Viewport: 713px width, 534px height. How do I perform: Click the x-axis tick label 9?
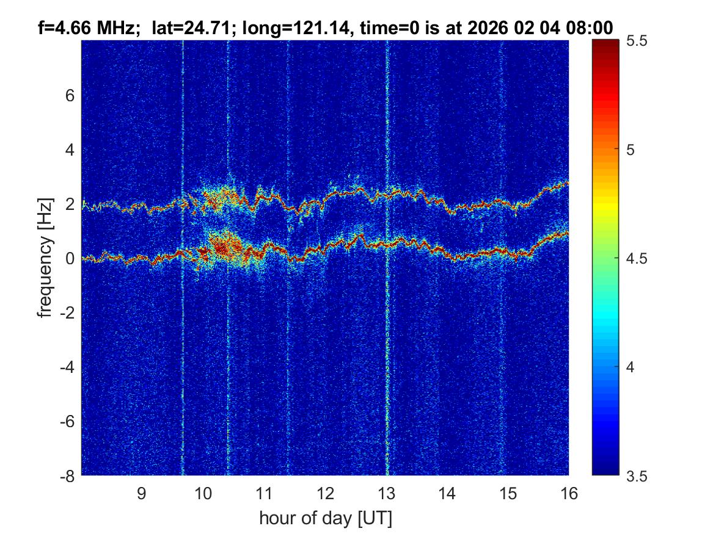(x=141, y=493)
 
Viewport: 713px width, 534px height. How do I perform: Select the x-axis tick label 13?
(x=386, y=493)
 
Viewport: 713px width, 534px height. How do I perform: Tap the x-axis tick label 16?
(x=569, y=493)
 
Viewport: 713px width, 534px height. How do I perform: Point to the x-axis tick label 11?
(x=264, y=493)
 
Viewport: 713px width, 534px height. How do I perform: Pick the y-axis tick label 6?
(x=70, y=96)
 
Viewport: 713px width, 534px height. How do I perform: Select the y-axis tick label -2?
(x=66, y=313)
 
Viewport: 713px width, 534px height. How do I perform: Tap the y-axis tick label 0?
(x=70, y=259)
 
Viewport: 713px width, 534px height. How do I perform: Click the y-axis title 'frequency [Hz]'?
(x=45, y=258)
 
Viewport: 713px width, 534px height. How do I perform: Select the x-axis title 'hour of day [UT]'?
(x=325, y=518)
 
